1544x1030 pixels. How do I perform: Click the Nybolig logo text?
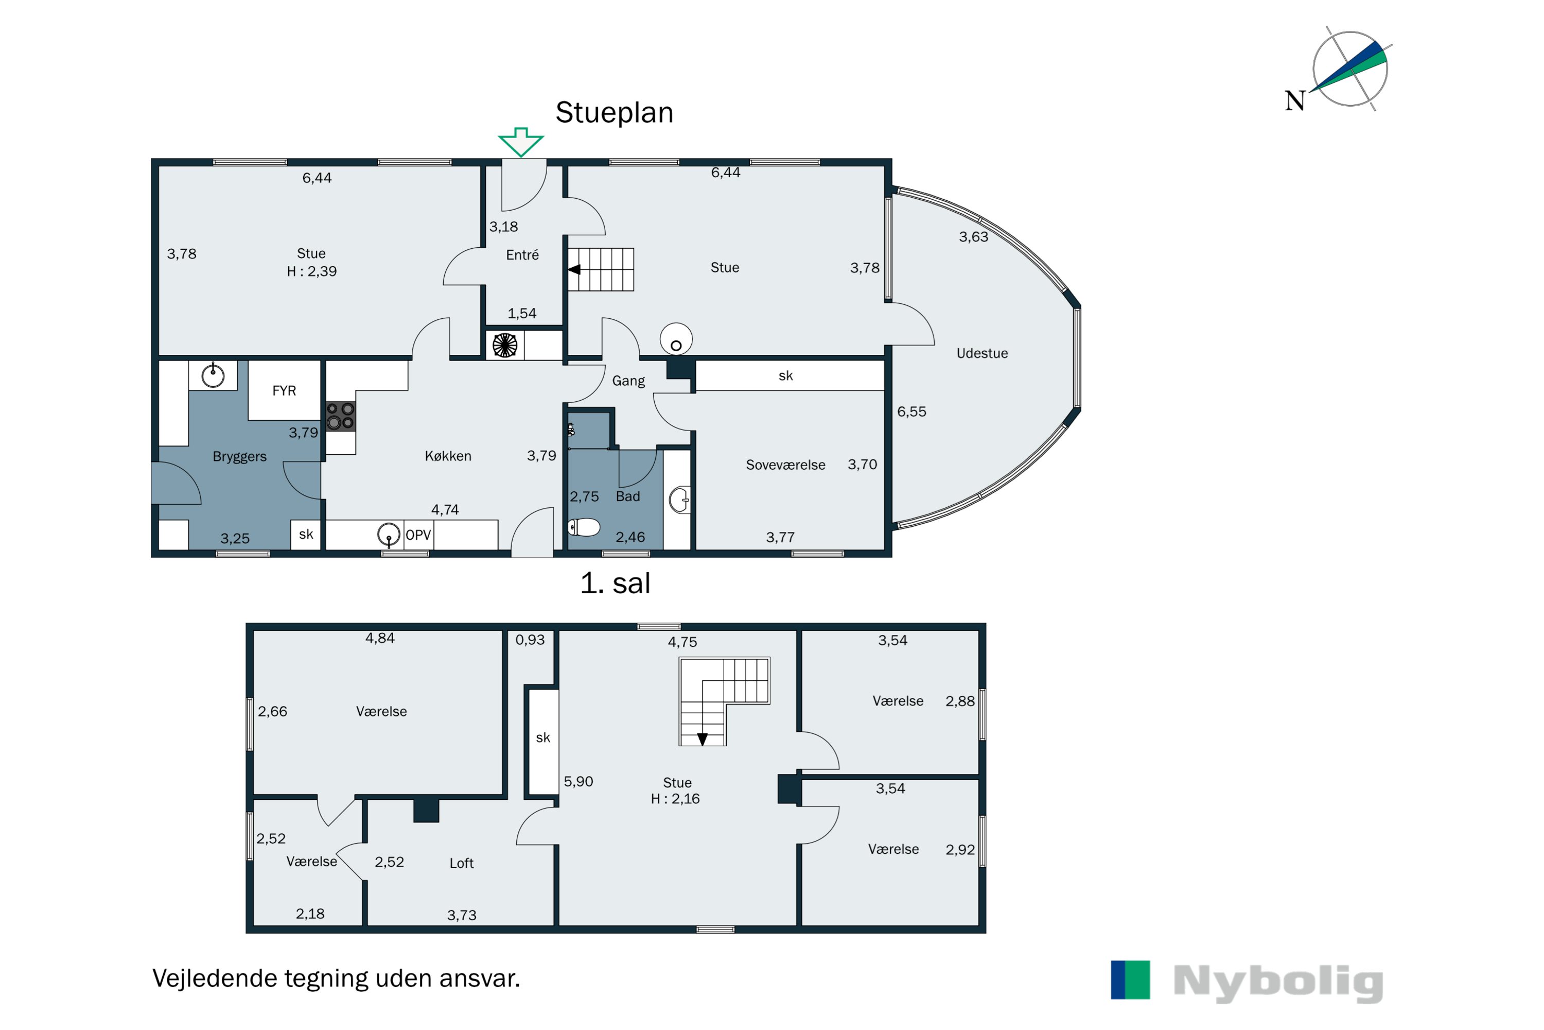click(1278, 982)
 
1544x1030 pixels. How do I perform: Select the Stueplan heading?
click(615, 113)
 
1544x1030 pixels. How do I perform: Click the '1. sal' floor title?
click(615, 583)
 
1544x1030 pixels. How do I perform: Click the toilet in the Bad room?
click(584, 527)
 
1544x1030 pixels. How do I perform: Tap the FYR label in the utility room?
click(284, 391)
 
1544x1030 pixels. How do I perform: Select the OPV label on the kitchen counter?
click(418, 535)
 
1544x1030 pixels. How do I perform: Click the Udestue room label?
click(982, 353)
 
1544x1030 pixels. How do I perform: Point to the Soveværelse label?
click(785, 465)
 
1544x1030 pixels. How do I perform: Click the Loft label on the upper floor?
click(462, 863)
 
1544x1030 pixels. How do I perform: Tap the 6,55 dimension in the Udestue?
click(912, 412)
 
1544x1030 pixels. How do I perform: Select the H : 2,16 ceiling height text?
click(675, 799)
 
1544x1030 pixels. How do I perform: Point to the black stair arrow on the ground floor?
click(574, 269)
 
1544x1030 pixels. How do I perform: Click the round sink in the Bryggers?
click(213, 376)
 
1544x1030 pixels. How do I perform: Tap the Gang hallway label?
click(628, 381)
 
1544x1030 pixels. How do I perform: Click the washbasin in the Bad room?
click(679, 500)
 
